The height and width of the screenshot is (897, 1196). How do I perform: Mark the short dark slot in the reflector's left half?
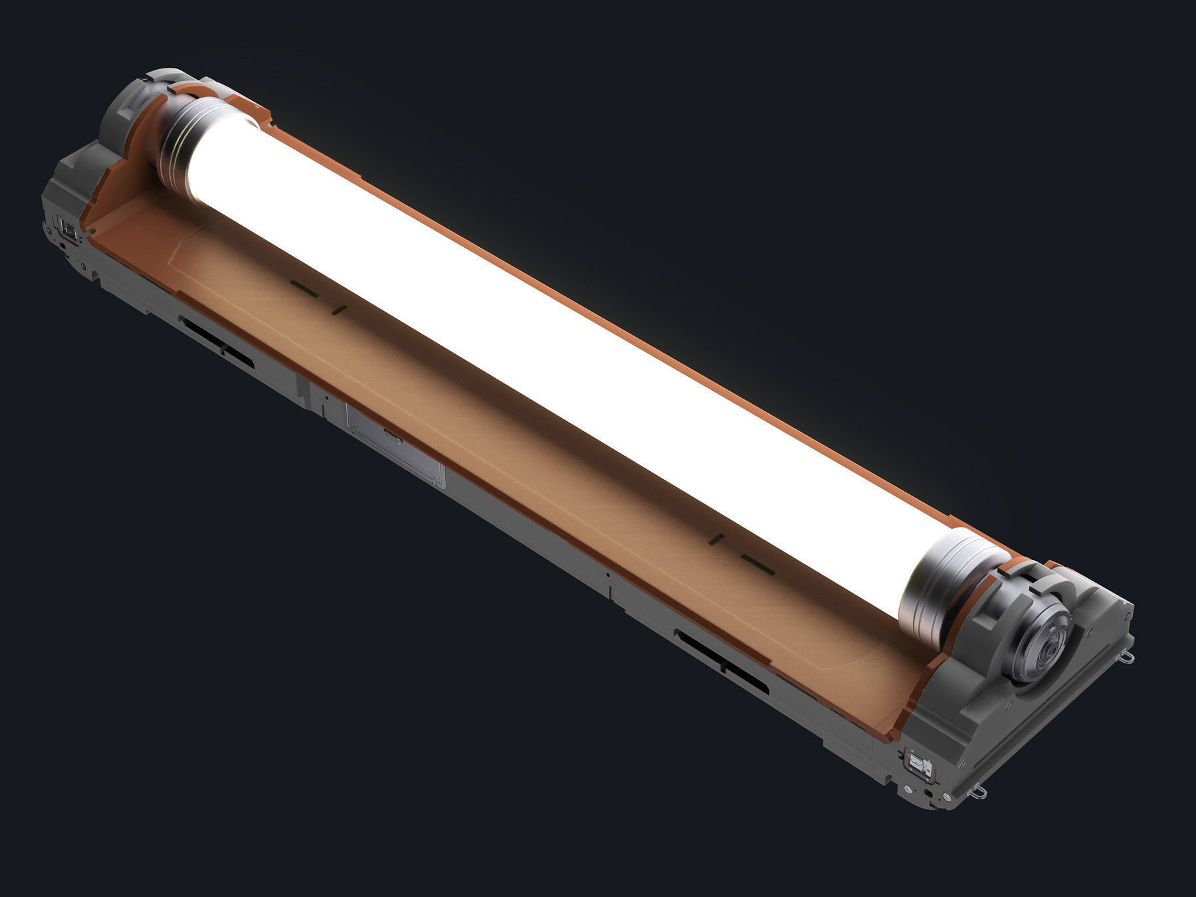click(339, 308)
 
